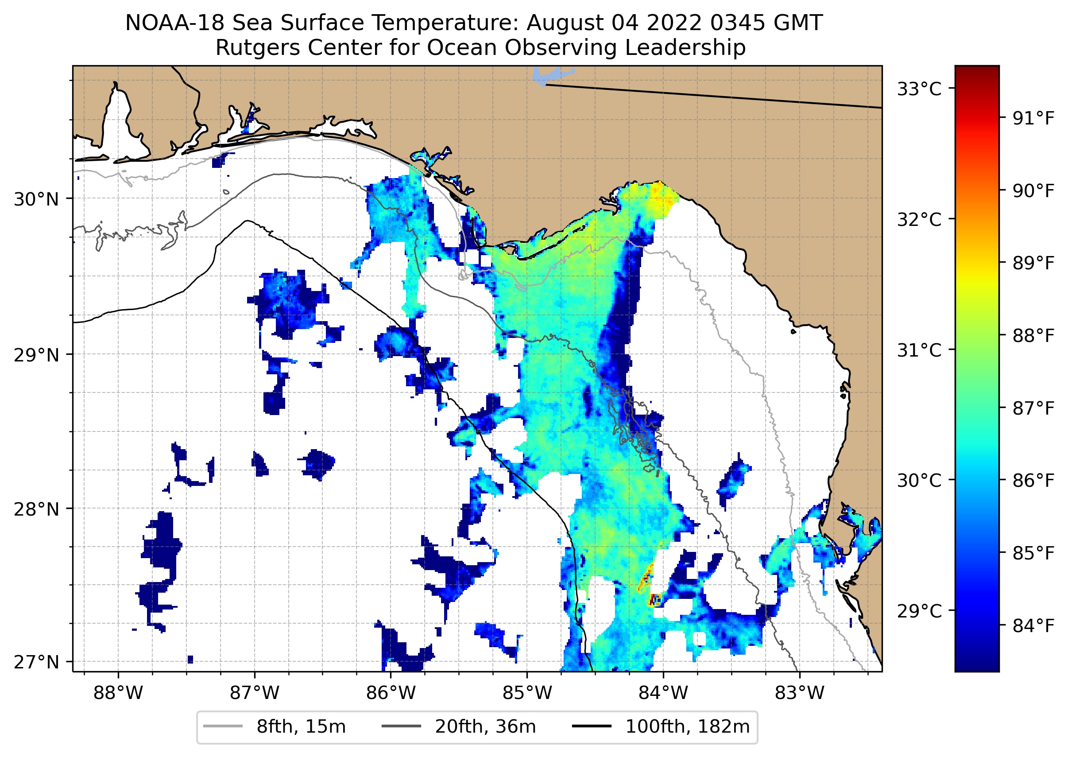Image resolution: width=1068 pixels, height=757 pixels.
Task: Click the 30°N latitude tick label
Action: point(36,199)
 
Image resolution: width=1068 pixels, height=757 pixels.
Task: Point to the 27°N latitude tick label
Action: point(36,662)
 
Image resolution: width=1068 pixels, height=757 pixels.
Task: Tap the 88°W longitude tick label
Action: point(118,693)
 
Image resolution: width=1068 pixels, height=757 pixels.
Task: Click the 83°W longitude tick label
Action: point(800,693)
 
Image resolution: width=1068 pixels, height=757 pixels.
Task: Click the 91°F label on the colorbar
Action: point(1033,118)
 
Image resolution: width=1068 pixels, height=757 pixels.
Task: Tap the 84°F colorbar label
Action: point(1033,626)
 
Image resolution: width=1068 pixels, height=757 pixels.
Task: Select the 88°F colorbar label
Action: point(1033,336)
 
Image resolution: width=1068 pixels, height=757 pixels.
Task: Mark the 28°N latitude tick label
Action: point(36,509)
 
